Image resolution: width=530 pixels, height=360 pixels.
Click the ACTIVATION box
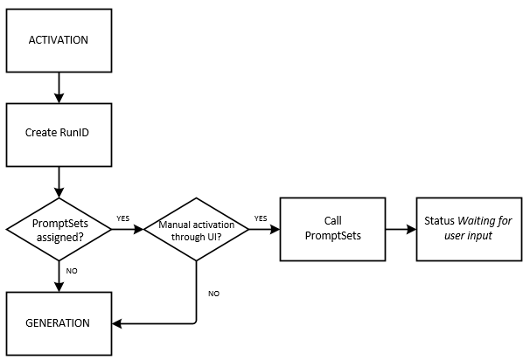coord(59,41)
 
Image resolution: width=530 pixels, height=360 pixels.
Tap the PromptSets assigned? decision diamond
coord(59,231)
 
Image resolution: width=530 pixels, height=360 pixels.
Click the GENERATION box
coord(59,322)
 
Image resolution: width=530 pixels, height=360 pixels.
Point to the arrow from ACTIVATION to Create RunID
coord(59,87)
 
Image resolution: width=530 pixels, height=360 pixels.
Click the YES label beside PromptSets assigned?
coord(123,218)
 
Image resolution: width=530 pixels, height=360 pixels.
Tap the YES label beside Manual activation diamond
coord(261,218)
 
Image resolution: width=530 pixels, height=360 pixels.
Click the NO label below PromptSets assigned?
coord(72,271)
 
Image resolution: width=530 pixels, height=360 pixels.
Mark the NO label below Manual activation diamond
coord(213,293)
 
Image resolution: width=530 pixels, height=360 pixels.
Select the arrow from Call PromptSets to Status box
coord(399,231)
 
